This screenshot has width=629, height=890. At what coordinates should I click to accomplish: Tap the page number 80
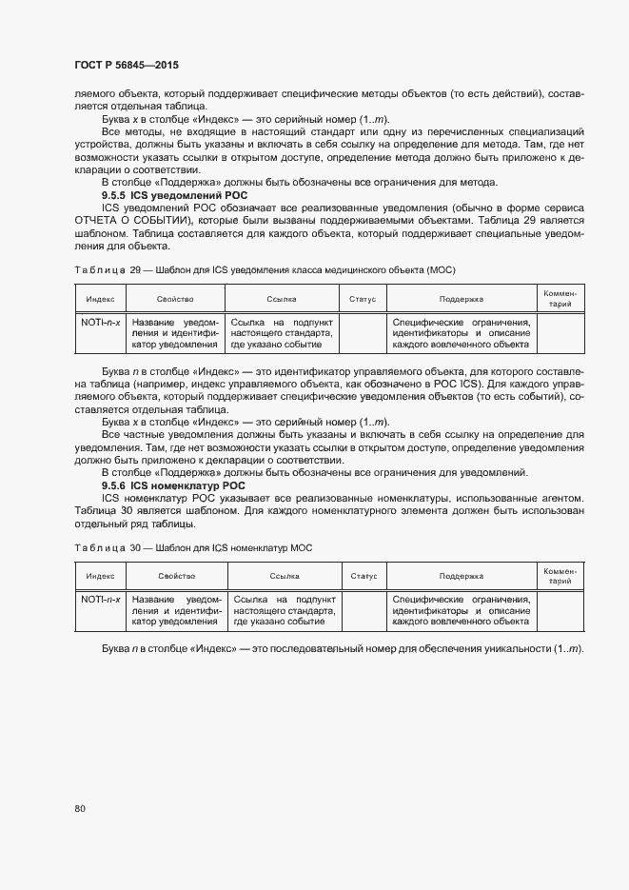tap(79, 808)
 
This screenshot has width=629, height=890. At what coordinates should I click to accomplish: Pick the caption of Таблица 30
tap(193, 548)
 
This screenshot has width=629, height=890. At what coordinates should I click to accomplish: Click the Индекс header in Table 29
tap(99, 299)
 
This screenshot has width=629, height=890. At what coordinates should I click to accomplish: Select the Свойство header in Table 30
tap(177, 576)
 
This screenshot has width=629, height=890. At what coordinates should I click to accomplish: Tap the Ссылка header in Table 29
tap(282, 299)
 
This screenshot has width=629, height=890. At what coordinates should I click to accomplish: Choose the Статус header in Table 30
tap(364, 576)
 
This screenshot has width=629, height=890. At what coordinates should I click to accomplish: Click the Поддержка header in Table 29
tap(462, 299)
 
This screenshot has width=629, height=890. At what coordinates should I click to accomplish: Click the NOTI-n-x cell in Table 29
tap(99, 322)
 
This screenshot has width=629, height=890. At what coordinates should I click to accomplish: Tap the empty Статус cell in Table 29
tap(363, 333)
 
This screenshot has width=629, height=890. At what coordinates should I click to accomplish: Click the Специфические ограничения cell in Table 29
tap(462, 333)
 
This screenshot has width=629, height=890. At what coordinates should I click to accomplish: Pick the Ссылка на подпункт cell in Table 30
tap(284, 610)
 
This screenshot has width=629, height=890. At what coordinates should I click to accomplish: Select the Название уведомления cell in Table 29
tap(176, 333)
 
